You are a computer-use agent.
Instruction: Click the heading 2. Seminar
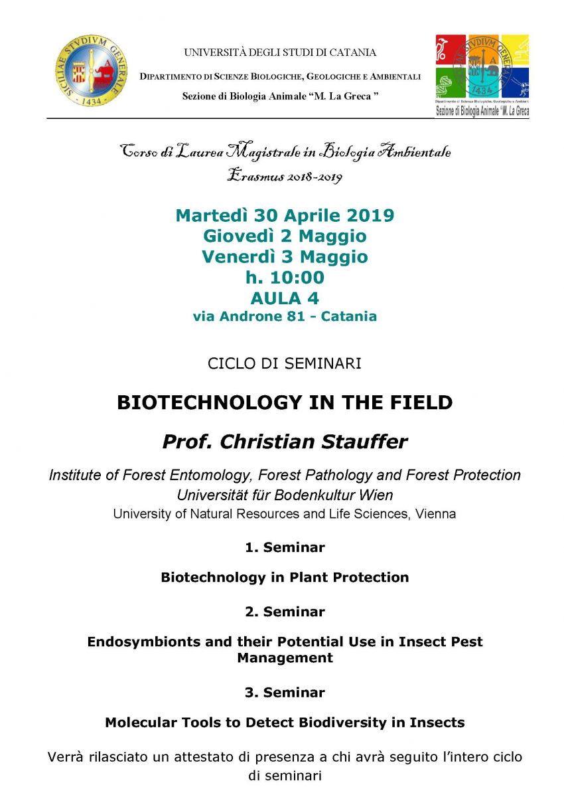point(285,612)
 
